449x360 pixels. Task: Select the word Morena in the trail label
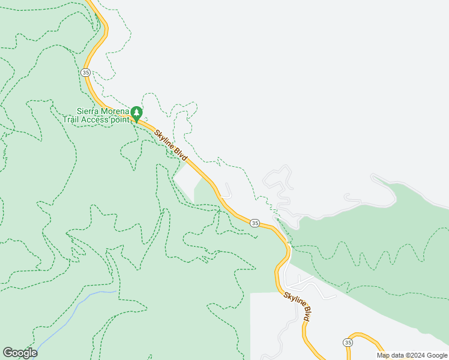(x=115, y=111)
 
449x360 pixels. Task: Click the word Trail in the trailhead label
(x=73, y=119)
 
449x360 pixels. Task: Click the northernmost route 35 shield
(x=85, y=72)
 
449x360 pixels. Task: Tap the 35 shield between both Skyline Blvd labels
(x=255, y=223)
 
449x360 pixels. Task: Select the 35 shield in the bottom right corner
(x=348, y=342)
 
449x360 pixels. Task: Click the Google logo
(x=20, y=353)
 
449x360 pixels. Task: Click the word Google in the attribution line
(x=433, y=355)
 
